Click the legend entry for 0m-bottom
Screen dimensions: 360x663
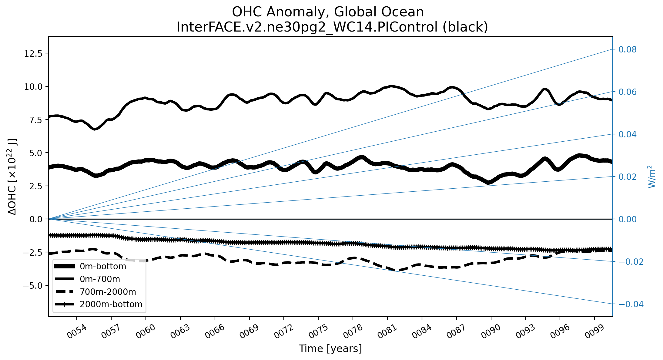pos(103,266)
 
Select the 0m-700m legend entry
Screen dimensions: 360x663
pos(100,279)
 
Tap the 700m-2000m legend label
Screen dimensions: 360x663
pos(108,292)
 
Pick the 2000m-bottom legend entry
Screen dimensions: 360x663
pos(111,304)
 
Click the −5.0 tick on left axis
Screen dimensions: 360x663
pos(33,286)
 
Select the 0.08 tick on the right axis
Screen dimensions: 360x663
pos(628,49)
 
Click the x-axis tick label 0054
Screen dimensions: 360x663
pos(76,332)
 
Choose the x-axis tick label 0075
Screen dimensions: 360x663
pos(318,332)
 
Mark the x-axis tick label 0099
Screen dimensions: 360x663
pos(594,332)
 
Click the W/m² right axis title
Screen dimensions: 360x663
pos(652,177)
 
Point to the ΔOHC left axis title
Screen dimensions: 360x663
pos(12,177)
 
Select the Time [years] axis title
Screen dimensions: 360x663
pos(330,349)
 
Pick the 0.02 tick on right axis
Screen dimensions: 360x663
pos(628,177)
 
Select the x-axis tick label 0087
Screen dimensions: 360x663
pos(456,332)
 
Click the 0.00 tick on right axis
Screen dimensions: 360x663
pos(628,219)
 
